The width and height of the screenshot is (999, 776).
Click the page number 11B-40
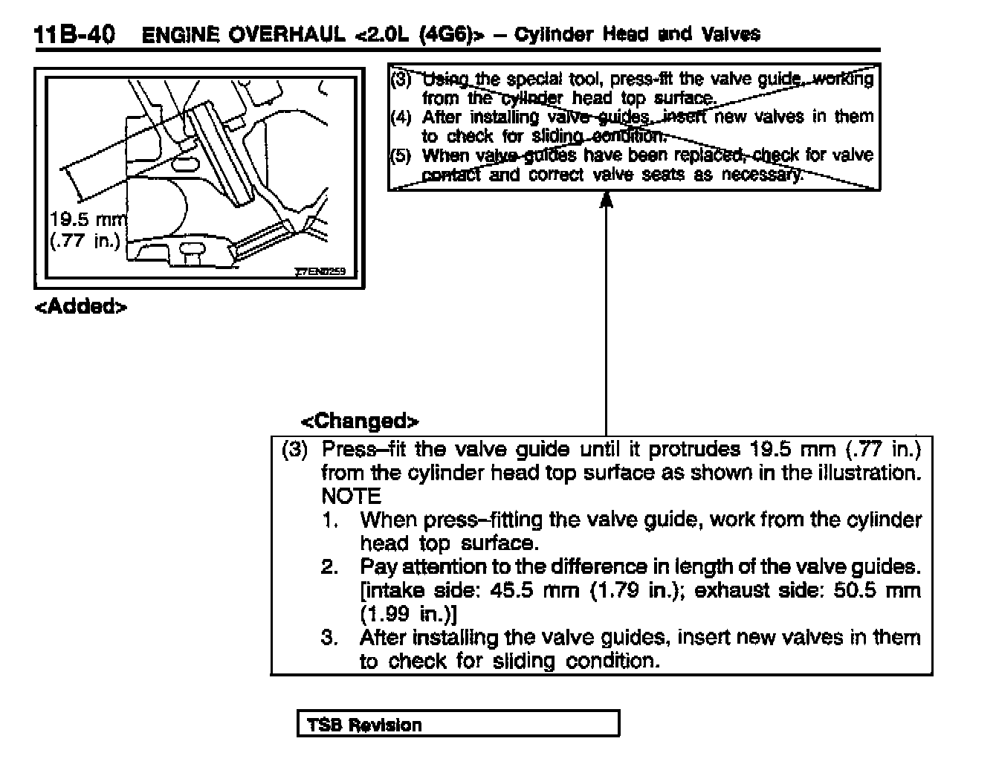click(74, 35)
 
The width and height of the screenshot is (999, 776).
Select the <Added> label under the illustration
click(81, 307)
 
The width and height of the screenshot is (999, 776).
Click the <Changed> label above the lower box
click(360, 421)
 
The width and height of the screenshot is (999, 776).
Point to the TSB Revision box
click(458, 725)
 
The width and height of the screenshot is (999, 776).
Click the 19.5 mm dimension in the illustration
click(88, 219)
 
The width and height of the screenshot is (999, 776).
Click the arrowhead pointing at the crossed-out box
click(607, 199)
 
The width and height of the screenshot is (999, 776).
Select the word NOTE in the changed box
click(351, 496)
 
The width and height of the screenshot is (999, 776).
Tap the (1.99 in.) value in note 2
click(408, 615)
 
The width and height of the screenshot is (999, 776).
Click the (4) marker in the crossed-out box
click(401, 117)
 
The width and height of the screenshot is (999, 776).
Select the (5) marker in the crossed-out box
click(401, 156)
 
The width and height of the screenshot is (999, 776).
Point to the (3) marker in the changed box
click(294, 449)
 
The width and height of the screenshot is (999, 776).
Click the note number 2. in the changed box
click(330, 567)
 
